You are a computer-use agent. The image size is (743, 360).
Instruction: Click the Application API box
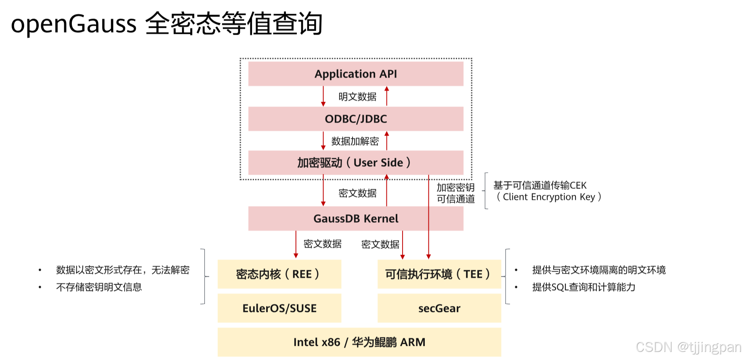355,74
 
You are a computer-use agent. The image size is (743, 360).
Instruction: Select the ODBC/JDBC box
355,119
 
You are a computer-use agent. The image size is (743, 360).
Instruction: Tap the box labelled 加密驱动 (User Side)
355,163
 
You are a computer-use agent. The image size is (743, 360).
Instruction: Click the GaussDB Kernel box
355,219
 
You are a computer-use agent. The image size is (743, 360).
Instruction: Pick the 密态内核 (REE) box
279,274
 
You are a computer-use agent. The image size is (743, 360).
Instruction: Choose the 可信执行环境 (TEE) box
439,274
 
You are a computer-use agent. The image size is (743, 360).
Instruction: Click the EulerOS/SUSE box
279,308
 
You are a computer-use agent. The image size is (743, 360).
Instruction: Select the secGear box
439,308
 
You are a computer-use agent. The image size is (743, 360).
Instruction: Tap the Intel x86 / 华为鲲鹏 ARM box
359,342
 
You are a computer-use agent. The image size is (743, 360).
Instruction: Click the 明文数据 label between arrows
357,97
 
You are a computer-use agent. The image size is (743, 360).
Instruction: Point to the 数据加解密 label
355,141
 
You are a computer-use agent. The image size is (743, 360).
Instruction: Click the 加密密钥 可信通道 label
455,193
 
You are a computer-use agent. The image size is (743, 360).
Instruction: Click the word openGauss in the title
74,24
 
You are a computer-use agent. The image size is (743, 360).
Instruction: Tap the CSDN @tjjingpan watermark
688,347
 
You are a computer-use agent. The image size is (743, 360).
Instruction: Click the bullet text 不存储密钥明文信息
99,287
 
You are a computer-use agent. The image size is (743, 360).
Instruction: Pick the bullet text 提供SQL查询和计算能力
583,287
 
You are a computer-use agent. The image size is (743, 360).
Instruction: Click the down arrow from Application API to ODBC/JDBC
323,96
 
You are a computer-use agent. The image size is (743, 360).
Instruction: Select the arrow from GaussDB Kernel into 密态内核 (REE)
296,245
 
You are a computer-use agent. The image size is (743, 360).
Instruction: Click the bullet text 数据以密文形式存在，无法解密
123,270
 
